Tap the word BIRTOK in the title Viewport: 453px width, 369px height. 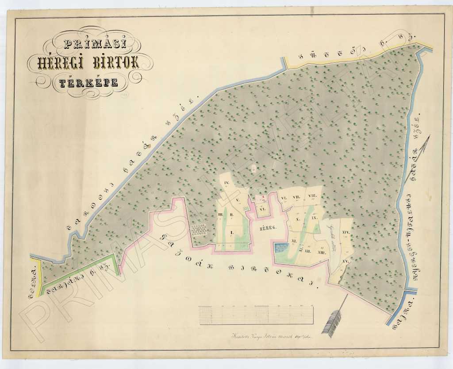pyautogui.click(x=116, y=62)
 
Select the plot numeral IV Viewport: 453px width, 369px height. pyautogui.click(x=226, y=183)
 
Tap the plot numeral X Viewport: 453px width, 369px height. pyautogui.click(x=298, y=219)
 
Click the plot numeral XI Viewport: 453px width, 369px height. pyautogui.click(x=294, y=241)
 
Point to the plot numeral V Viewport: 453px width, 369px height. pyautogui.click(x=238, y=200)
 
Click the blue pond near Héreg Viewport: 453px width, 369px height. pyautogui.click(x=280, y=248)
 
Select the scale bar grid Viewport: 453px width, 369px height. pyautogui.click(x=256, y=315)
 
